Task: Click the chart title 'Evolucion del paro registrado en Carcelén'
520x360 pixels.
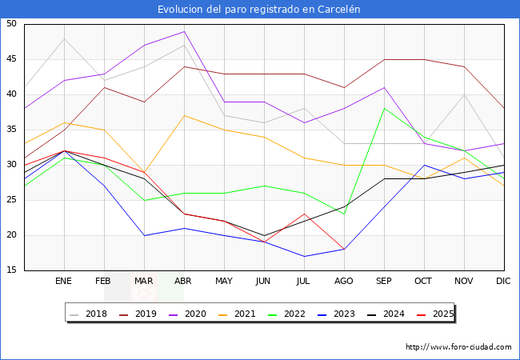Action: point(259,9)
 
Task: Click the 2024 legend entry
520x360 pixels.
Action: point(391,314)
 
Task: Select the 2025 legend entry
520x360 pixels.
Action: point(440,314)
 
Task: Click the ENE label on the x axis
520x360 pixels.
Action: point(64,282)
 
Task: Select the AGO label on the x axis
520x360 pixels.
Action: point(344,282)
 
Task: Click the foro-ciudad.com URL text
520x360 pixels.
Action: point(458,347)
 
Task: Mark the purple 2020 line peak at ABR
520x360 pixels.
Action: point(184,31)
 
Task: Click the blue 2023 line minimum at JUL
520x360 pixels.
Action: point(304,256)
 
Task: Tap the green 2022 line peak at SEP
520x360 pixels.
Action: point(384,109)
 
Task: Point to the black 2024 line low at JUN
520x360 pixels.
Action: point(264,235)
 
